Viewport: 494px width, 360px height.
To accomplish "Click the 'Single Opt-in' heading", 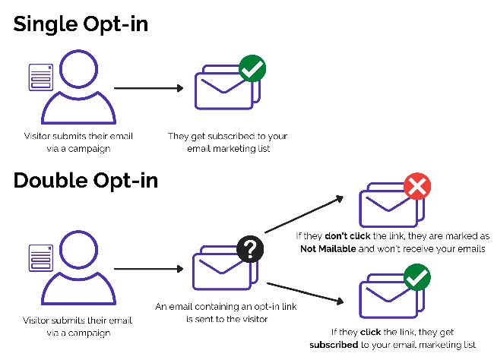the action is pos(81,25).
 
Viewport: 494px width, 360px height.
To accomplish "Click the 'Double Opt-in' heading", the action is pos(86,182).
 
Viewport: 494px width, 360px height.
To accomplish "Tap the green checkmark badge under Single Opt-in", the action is pos(252,68).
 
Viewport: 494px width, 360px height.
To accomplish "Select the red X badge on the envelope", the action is pos(417,186).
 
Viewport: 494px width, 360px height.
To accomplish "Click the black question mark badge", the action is pos(250,249).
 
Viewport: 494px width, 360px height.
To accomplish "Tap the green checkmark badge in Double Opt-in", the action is pos(417,277).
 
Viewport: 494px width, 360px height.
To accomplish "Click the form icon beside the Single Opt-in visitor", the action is pos(41,77).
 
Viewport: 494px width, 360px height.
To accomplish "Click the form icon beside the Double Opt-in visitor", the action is pos(41,258).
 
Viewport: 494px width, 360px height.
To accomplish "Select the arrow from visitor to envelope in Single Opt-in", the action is pos(149,88).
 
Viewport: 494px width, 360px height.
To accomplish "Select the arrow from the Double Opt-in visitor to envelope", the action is pos(149,269).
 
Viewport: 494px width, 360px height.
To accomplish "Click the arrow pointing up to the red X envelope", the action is pos(304,214).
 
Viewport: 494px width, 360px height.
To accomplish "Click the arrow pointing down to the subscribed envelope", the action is pos(306,293).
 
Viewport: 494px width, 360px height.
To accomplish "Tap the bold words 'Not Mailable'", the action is pos(328,249).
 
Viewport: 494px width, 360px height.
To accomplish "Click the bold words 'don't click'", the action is pos(347,236).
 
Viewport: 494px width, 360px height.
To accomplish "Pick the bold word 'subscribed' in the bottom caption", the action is pos(334,345).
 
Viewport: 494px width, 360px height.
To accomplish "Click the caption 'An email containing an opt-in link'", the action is pos(226,307).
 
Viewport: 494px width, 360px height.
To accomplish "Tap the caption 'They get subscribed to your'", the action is pos(227,136).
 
